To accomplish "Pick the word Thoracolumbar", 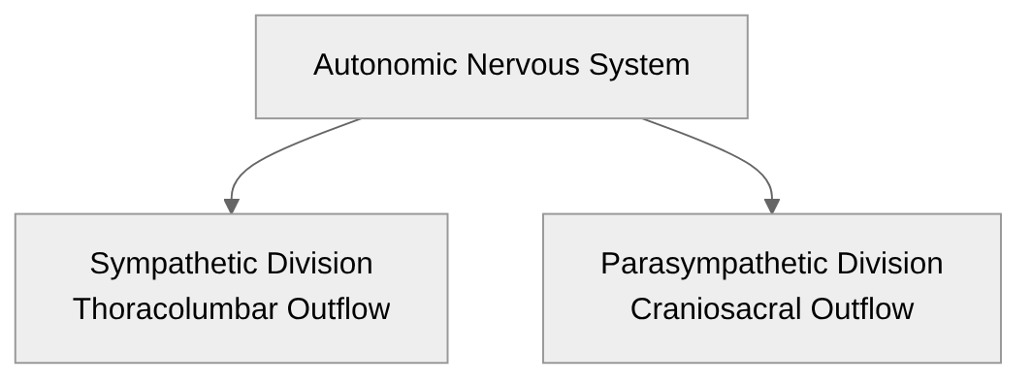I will (x=176, y=308).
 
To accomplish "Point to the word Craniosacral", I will (x=716, y=308).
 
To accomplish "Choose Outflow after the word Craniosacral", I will (x=862, y=308).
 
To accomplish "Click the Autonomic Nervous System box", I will (x=501, y=97).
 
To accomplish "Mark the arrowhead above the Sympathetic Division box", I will (x=231, y=206).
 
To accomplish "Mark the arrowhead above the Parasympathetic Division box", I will (x=772, y=206).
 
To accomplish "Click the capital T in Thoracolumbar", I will (x=81, y=308).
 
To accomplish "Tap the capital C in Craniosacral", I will (x=640, y=308).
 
